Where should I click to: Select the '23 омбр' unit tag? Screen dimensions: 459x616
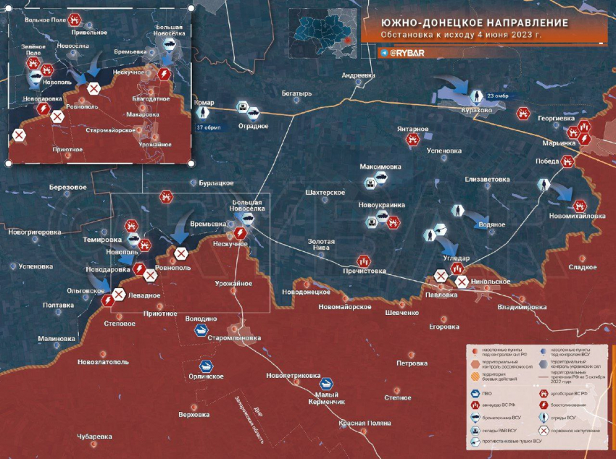coord(499,96)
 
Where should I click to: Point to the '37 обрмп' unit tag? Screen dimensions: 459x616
coord(207,127)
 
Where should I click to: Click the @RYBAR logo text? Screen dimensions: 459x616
coord(407,53)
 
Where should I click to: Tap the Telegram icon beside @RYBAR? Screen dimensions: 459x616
coord(383,53)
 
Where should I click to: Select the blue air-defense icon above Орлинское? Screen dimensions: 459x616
coord(207,366)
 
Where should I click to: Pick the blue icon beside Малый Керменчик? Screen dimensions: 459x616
coord(327,384)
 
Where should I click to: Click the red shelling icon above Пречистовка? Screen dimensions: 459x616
coord(363,260)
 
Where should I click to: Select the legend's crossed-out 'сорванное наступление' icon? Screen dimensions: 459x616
coord(544,430)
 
